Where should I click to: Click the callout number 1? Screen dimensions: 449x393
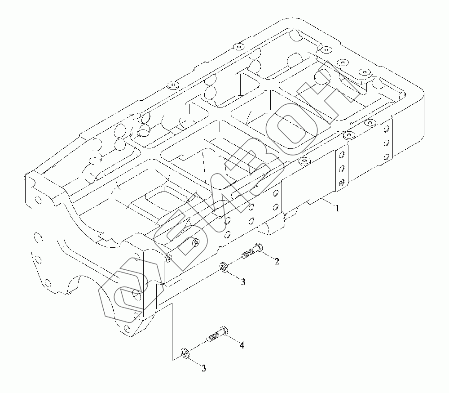pyautogui.click(x=337, y=208)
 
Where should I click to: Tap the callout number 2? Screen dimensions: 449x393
pyautogui.click(x=277, y=261)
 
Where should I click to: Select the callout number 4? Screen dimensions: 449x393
pyautogui.click(x=242, y=345)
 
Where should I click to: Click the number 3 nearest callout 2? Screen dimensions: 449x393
pyautogui.click(x=243, y=282)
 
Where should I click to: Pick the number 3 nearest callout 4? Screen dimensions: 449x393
pyautogui.click(x=203, y=368)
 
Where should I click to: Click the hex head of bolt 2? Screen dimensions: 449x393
pyautogui.click(x=259, y=247)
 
